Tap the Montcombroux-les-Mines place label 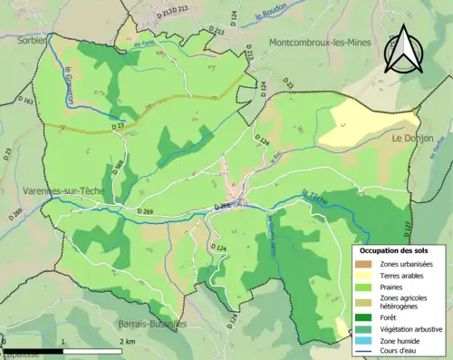[x=319, y=42]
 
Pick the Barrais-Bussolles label [x=151, y=323]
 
